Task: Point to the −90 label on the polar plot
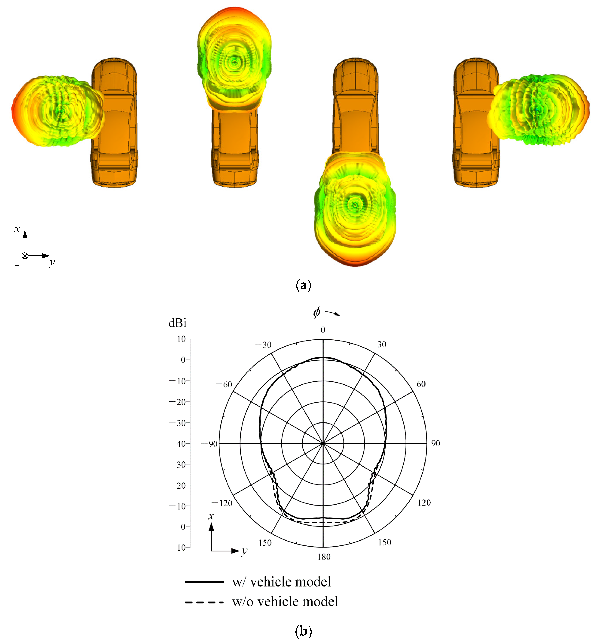[210, 444]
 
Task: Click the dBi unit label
[177, 323]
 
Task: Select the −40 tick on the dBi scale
[179, 444]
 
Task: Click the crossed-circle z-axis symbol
[25, 256]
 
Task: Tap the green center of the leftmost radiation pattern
[61, 111]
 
